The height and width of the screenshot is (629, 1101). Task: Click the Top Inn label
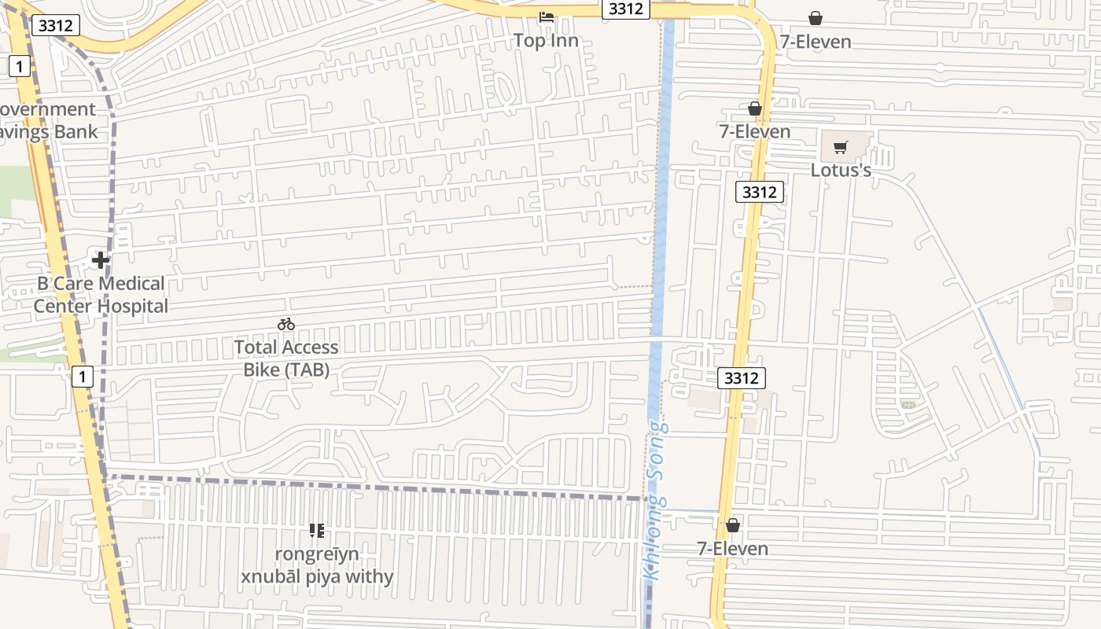pyautogui.click(x=546, y=41)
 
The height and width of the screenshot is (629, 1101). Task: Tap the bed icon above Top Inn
pyautogui.click(x=547, y=17)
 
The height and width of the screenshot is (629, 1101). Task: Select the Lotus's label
pyautogui.click(x=841, y=170)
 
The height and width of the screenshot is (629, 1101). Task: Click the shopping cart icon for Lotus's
pyautogui.click(x=841, y=147)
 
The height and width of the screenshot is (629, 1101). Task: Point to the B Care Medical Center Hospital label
pyautogui.click(x=101, y=295)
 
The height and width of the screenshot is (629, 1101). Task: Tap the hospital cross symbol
pyautogui.click(x=100, y=259)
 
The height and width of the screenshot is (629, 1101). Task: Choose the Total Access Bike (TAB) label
pyautogui.click(x=286, y=358)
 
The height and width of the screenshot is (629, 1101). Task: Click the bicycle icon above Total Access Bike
pyautogui.click(x=286, y=324)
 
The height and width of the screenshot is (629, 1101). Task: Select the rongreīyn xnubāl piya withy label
pyautogui.click(x=317, y=565)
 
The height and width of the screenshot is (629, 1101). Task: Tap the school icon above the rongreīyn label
pyautogui.click(x=317, y=531)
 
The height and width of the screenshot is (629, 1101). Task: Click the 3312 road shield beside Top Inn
pyautogui.click(x=626, y=9)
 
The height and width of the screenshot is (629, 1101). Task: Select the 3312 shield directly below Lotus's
pyautogui.click(x=760, y=192)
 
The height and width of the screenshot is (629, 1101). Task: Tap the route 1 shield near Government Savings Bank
pyautogui.click(x=19, y=66)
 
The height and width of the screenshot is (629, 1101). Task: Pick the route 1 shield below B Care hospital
pyautogui.click(x=82, y=377)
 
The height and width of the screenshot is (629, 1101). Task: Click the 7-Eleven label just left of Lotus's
pyautogui.click(x=755, y=131)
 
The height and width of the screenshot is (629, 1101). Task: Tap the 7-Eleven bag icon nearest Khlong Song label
pyautogui.click(x=733, y=525)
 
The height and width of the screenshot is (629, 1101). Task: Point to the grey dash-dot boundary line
pyautogui.click(x=377, y=487)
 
